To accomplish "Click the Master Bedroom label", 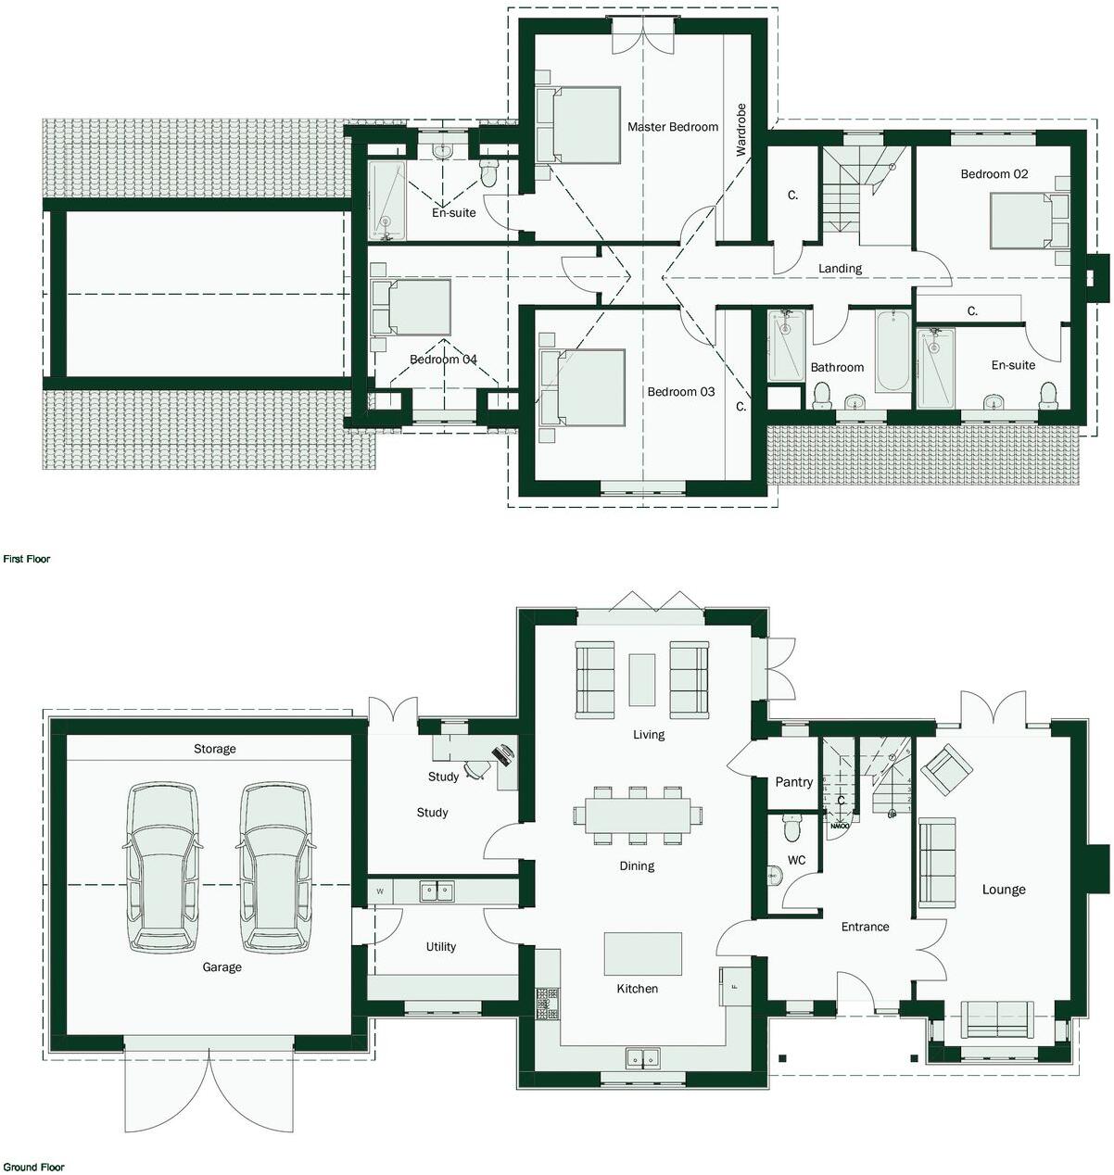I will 672,127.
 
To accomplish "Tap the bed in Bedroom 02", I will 1019,221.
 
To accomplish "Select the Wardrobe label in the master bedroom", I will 741,135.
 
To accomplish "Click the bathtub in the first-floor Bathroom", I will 893,352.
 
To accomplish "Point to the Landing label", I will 840,269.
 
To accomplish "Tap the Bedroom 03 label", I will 680,392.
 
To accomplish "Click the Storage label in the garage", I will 214,749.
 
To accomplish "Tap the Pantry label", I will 793,782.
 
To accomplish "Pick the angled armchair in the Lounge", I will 946,769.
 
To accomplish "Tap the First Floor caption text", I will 27,560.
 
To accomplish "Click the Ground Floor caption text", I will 33,1168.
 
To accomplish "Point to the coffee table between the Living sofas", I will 641,679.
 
